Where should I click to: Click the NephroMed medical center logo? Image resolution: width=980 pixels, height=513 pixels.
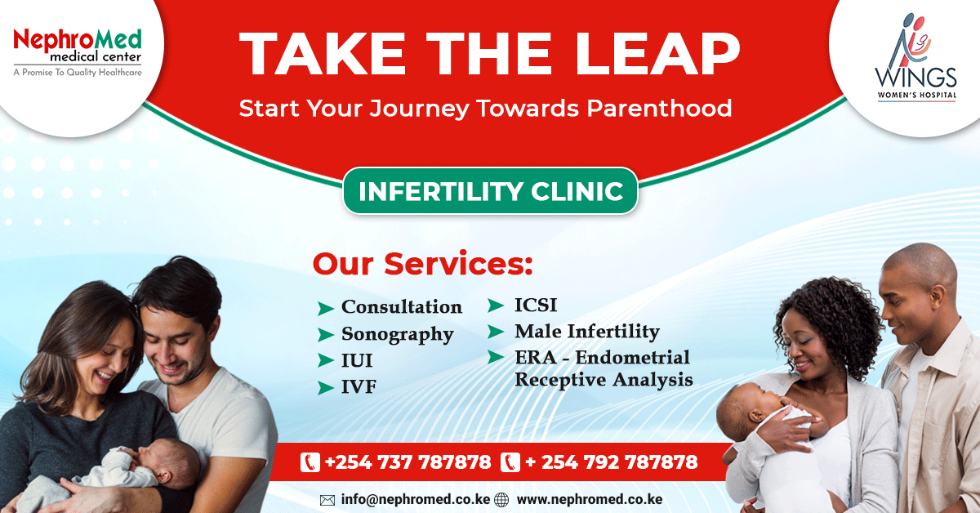pyautogui.click(x=78, y=52)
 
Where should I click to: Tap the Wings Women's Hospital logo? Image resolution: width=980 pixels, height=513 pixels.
pyautogui.click(x=916, y=57)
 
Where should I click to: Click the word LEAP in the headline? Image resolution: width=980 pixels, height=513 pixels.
pyautogui.click(x=657, y=54)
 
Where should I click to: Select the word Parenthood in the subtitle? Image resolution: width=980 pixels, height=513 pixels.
pyautogui.click(x=659, y=108)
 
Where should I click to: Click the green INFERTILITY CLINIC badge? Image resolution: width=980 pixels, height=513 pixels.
pyautogui.click(x=490, y=191)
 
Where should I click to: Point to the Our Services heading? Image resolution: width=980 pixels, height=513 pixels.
pyautogui.click(x=423, y=264)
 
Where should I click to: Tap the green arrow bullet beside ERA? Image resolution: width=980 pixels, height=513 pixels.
pyautogui.click(x=496, y=357)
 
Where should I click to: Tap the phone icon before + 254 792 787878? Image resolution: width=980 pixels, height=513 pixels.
pyautogui.click(x=510, y=462)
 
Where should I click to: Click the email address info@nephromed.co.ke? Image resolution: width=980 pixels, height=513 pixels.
pyautogui.click(x=415, y=499)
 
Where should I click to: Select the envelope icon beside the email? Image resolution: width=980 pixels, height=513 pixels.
pyautogui.click(x=327, y=500)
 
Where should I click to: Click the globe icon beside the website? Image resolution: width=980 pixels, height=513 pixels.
pyautogui.click(x=501, y=500)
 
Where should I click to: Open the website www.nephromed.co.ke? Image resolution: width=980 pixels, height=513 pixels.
pyautogui.click(x=590, y=499)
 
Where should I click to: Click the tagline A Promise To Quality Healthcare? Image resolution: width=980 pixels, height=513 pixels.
pyautogui.click(x=78, y=72)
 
